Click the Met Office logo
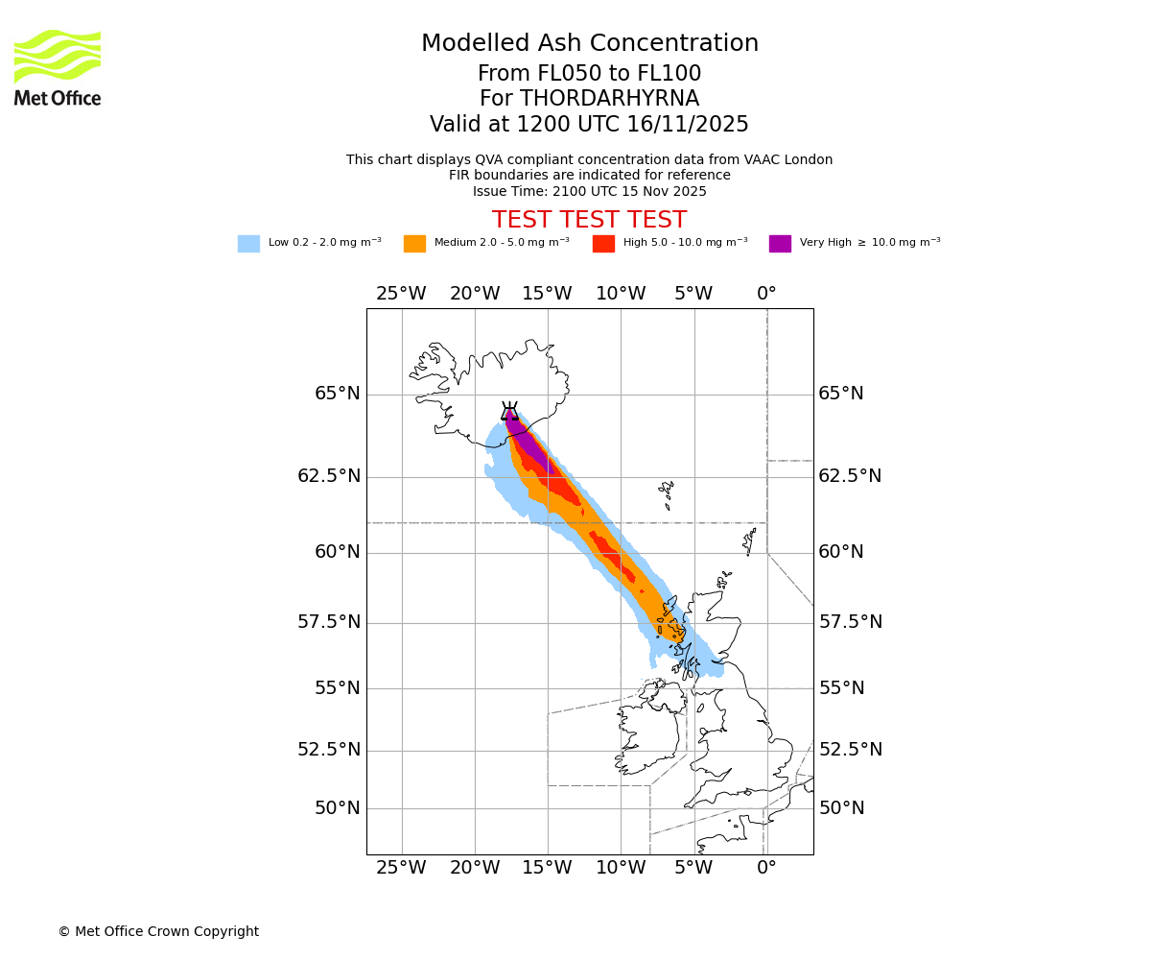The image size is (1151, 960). pos(58,67)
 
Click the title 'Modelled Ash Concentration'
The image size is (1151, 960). pos(589,44)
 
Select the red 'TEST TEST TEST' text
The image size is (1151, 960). pos(589,221)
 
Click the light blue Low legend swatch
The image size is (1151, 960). pos(248,244)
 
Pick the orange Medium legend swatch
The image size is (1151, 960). pos(414,244)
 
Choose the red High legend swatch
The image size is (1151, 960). pos(603,244)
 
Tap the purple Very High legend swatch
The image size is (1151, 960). pos(780,244)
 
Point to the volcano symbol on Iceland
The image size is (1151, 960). pos(509,412)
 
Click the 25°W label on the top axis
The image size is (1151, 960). pos(401,294)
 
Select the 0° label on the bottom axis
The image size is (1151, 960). pos(766,869)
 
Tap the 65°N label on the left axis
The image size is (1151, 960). pos(337,395)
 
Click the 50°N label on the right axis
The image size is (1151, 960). pos(841,808)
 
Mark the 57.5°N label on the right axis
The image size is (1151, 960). pos(850,622)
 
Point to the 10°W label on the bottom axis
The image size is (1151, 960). pos(621,869)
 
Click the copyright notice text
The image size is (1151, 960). pos(158,932)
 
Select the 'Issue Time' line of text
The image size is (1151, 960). pos(589,192)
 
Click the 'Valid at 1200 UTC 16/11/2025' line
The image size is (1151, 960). pos(589,125)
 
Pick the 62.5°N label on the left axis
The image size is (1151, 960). pos(329,476)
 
